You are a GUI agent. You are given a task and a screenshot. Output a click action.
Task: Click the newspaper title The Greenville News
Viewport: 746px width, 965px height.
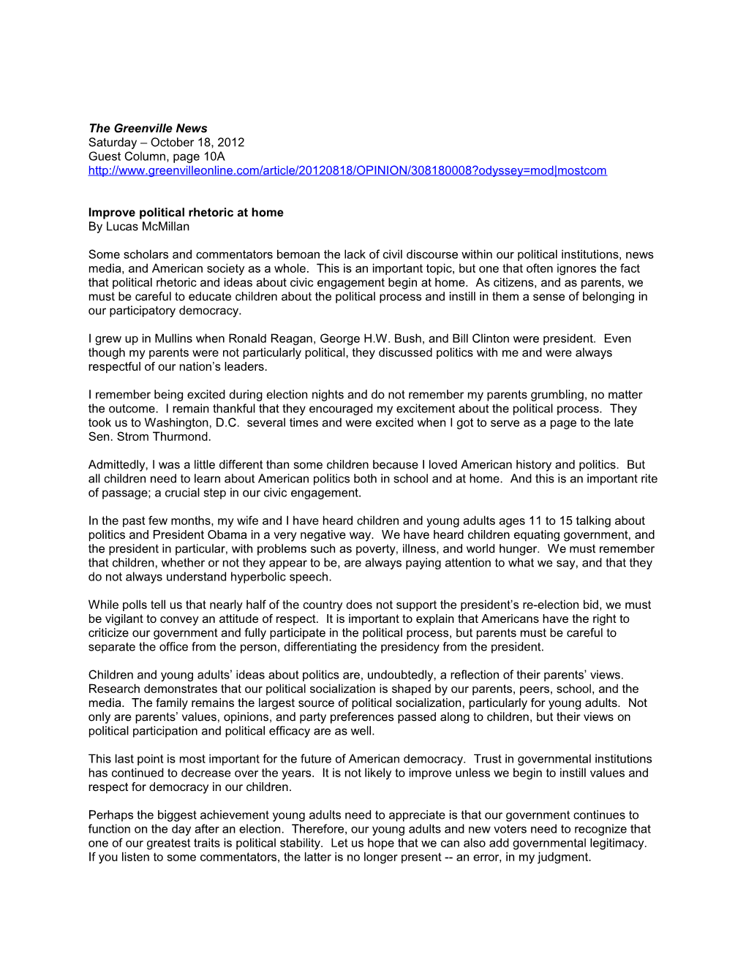(x=148, y=128)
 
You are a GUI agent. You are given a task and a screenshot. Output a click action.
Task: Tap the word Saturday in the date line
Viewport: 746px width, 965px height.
(x=113, y=142)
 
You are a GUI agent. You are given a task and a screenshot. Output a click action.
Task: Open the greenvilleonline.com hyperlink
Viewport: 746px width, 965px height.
(x=347, y=170)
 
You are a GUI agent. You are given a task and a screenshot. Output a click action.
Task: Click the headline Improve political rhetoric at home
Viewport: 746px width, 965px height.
(x=186, y=212)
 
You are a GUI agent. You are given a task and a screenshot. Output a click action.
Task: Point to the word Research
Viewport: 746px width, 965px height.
(x=113, y=689)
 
